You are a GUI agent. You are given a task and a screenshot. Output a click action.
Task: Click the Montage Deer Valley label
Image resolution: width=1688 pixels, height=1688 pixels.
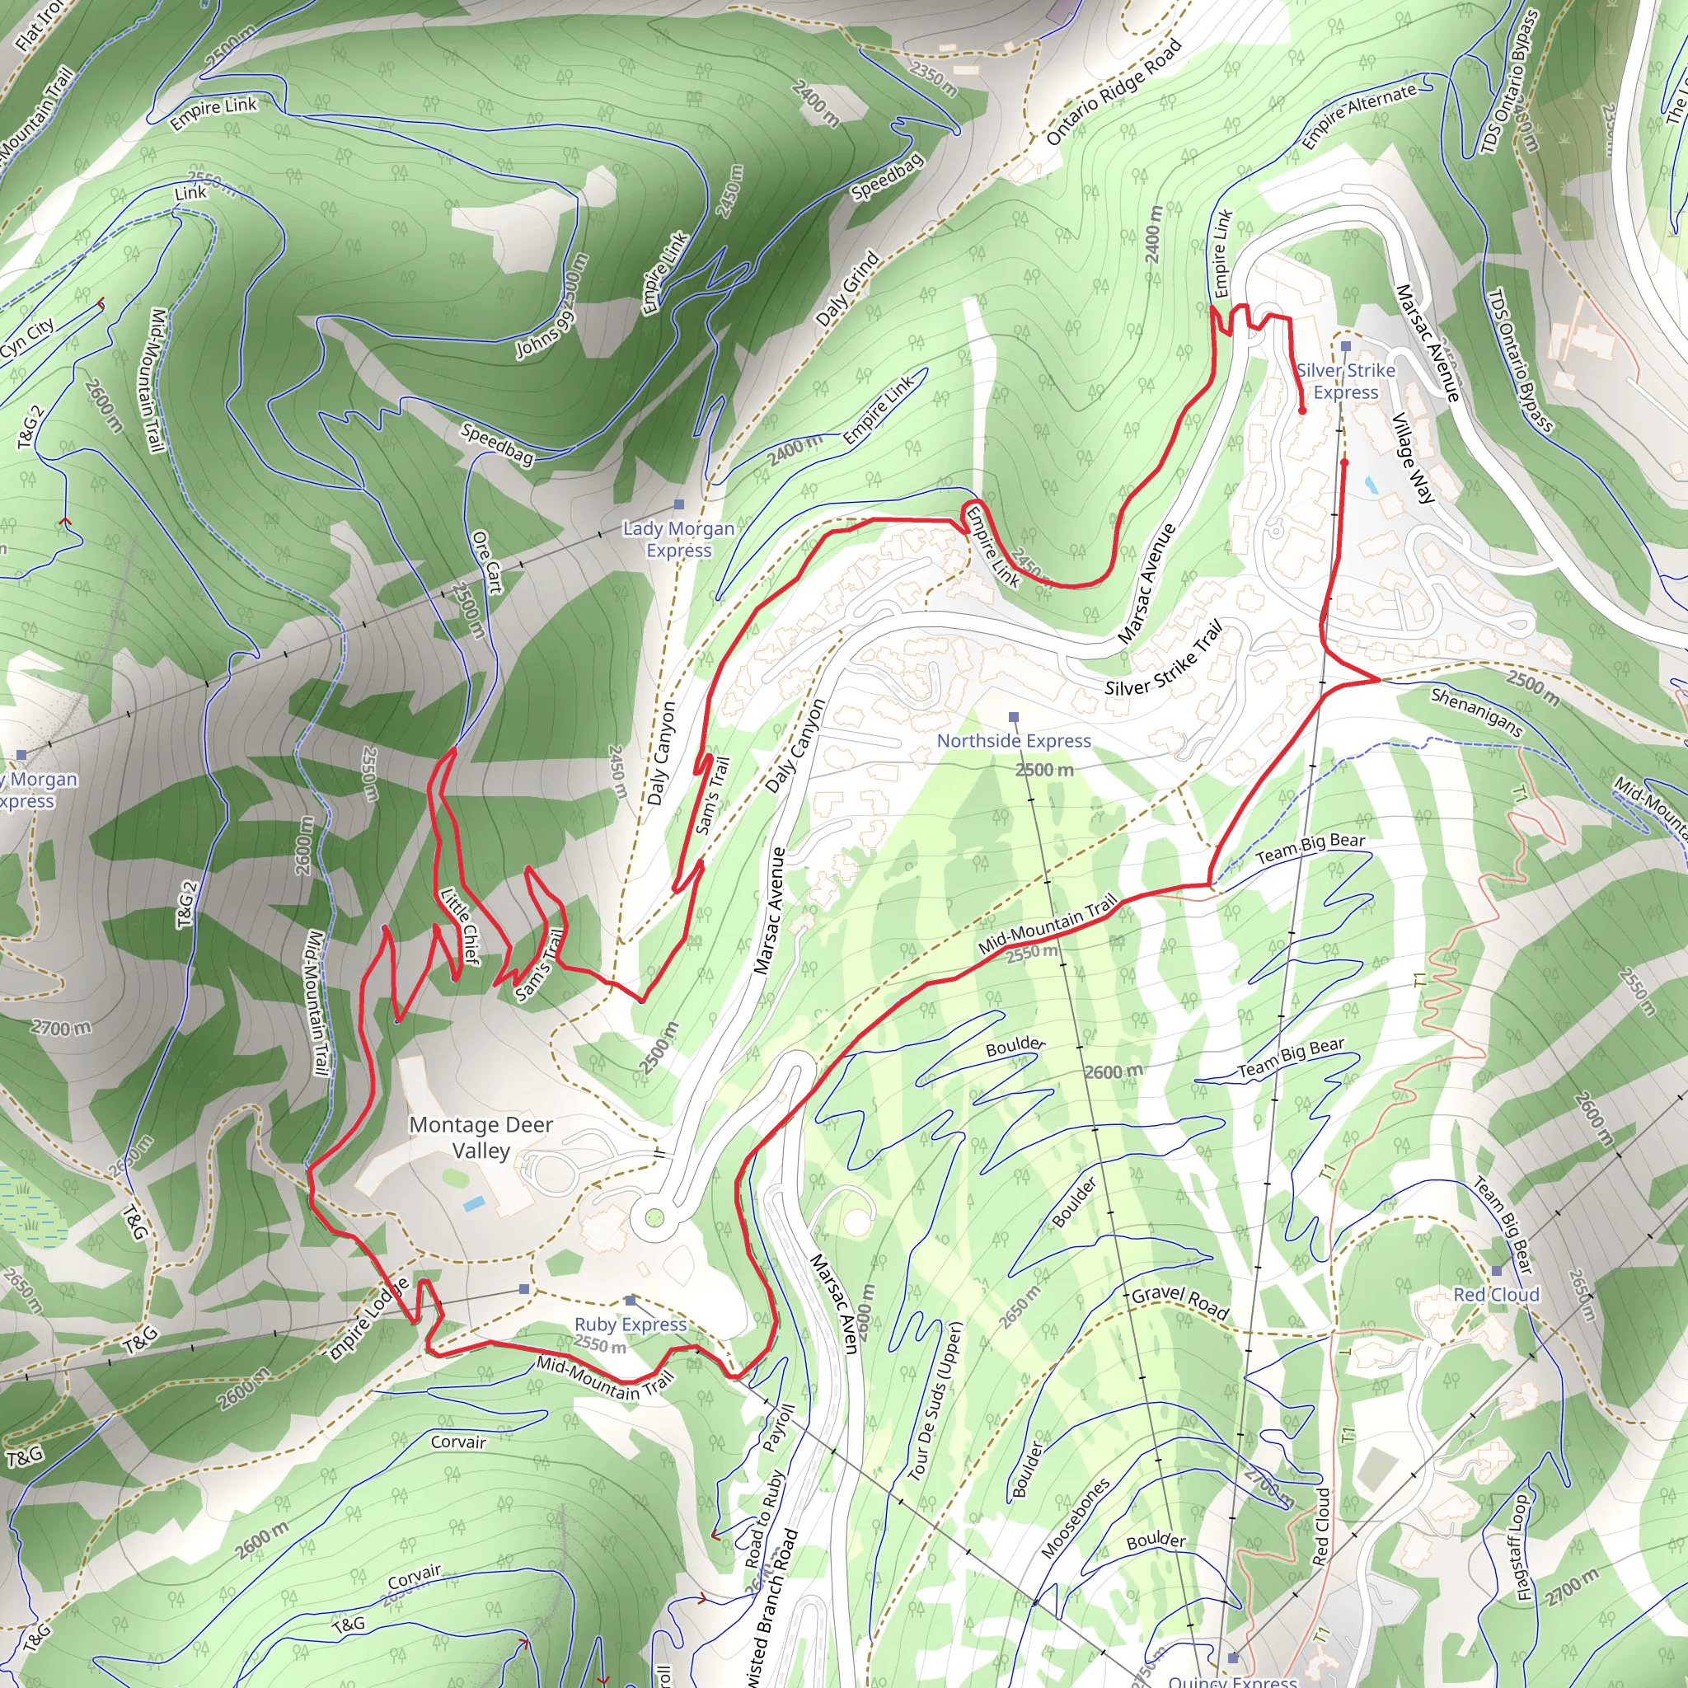pyautogui.click(x=481, y=1137)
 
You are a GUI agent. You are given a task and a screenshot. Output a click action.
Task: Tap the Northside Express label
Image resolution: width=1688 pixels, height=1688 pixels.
pyautogui.click(x=1014, y=741)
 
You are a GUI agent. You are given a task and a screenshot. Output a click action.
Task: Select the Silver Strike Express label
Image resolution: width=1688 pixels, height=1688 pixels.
pyautogui.click(x=1345, y=381)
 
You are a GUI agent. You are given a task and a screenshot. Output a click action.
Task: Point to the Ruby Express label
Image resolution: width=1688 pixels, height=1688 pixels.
pyautogui.click(x=630, y=1325)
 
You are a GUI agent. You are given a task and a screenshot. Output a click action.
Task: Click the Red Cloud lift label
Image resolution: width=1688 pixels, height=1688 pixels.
pyautogui.click(x=1496, y=1294)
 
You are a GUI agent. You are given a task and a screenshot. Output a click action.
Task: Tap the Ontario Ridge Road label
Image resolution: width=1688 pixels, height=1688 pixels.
pyautogui.click(x=1114, y=91)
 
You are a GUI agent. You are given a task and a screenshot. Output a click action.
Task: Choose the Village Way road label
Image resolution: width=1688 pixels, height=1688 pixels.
pyautogui.click(x=1413, y=457)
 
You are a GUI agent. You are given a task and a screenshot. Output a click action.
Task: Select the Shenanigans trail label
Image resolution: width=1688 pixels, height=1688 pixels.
pyautogui.click(x=1476, y=712)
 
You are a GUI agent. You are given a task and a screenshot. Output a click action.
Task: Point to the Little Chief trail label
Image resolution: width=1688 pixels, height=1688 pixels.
pyautogui.click(x=460, y=926)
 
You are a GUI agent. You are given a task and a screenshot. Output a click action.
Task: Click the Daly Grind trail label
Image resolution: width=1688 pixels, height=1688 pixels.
pyautogui.click(x=846, y=289)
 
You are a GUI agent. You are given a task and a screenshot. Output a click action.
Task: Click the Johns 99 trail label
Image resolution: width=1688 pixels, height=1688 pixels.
pyautogui.click(x=545, y=334)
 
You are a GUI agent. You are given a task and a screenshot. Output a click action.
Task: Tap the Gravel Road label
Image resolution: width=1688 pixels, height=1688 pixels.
pyautogui.click(x=1179, y=1303)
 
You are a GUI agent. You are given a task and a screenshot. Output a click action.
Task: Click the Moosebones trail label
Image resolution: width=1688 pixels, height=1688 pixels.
pyautogui.click(x=1076, y=1517)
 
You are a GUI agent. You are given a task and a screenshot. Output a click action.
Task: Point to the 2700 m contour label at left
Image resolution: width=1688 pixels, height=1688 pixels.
pyautogui.click(x=60, y=1028)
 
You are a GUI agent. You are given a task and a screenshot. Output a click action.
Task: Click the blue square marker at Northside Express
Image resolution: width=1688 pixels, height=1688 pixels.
pyautogui.click(x=1014, y=717)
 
